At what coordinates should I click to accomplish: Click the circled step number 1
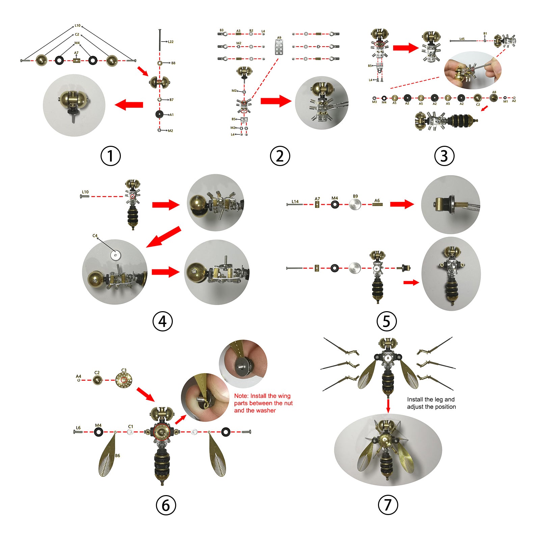tap(110, 156)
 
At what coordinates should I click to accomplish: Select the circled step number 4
tap(163, 321)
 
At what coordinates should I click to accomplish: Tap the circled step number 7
tap(388, 505)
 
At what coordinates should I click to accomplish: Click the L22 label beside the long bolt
tap(170, 42)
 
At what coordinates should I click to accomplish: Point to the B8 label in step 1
tap(173, 63)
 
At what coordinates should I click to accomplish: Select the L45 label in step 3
tap(462, 39)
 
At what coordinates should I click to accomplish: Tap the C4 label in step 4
tap(95, 236)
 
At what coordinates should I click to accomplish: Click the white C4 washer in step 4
tap(115, 255)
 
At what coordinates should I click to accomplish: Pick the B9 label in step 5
tap(355, 196)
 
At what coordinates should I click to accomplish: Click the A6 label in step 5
tap(377, 200)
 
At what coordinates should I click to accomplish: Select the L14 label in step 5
tap(295, 201)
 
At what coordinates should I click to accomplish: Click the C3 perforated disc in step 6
tap(124, 380)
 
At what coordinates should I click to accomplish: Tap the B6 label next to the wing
tap(117, 456)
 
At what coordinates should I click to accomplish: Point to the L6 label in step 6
tap(78, 428)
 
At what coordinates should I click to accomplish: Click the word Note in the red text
tap(241, 396)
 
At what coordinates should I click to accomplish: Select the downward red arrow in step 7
tap(388, 405)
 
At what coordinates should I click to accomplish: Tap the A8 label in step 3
tap(494, 92)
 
